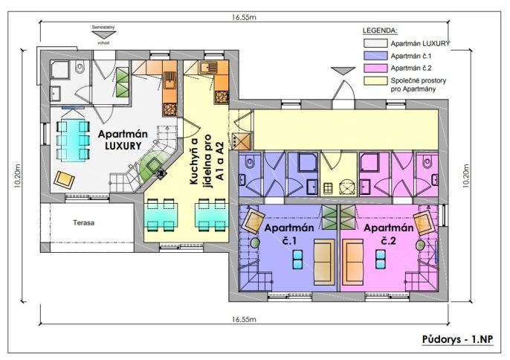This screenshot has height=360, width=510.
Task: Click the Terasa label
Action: click(x=83, y=223)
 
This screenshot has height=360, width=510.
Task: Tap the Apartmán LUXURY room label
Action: click(x=123, y=140)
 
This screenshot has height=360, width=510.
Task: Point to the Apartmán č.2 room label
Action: click(x=388, y=234)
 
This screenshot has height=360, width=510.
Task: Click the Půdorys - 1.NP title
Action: click(x=457, y=339)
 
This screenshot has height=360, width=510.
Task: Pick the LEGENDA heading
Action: click(x=380, y=30)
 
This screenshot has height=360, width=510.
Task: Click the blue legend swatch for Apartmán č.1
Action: click(x=375, y=56)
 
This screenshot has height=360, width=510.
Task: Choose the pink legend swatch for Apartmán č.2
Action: click(x=375, y=68)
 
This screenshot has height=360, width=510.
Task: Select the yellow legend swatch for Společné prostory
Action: click(x=375, y=81)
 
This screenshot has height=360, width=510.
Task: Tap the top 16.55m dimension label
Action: click(x=244, y=17)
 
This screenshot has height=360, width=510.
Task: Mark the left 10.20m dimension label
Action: click(x=18, y=176)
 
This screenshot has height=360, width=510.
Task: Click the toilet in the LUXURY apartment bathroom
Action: click(x=80, y=68)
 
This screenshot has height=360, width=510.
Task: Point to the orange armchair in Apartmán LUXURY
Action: click(x=64, y=179)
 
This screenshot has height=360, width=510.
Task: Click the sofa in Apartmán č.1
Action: click(x=324, y=262)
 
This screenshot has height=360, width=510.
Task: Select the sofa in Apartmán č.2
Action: click(x=353, y=262)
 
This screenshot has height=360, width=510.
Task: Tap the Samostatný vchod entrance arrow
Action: click(x=104, y=35)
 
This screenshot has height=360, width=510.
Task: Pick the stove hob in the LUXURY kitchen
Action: click(x=170, y=109)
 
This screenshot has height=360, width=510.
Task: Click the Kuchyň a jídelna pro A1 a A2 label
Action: click(x=207, y=157)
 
